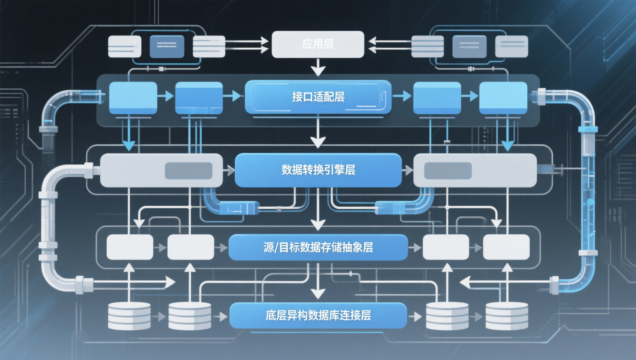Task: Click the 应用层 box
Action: pos(318,44)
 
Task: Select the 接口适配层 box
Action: pos(318,97)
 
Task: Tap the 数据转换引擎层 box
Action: pos(318,170)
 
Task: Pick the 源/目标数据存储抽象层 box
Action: pos(318,247)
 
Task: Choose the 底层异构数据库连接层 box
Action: pos(318,315)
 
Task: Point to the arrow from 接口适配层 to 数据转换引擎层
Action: pos(318,134)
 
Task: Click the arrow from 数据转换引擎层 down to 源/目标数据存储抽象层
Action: pos(318,210)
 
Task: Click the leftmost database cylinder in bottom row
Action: pos(129,316)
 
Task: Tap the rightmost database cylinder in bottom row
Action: pos(507,316)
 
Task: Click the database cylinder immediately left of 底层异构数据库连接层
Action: pos(189,316)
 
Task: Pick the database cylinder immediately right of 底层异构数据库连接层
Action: pos(447,316)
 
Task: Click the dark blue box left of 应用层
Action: pos(167,46)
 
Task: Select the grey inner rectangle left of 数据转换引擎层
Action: pos(189,171)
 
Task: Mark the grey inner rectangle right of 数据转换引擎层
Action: pos(447,171)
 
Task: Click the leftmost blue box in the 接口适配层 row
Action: pos(133,97)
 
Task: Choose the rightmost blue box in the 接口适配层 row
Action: pos(503,97)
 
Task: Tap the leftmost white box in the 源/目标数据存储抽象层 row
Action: pos(130,247)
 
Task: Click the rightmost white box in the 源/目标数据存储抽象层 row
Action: pos(506,247)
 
